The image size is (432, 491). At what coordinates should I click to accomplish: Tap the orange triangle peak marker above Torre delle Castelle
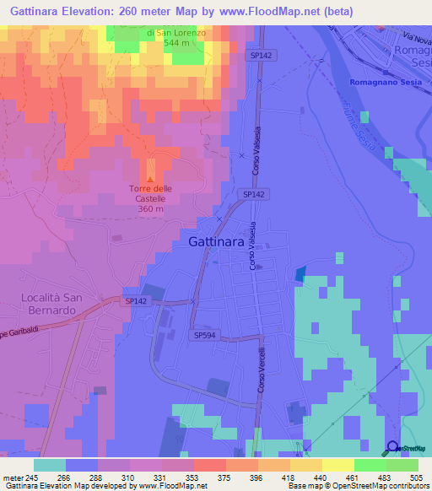pos(151,179)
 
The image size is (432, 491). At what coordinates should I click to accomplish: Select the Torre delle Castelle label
pos(150,193)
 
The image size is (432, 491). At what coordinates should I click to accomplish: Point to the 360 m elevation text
pos(150,208)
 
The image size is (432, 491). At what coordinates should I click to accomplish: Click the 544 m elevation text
pos(181,42)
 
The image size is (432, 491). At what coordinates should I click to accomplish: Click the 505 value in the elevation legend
pos(416,477)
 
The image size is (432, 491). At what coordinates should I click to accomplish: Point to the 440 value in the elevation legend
pos(321,477)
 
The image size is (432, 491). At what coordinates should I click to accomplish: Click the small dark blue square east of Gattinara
pos(300,273)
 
